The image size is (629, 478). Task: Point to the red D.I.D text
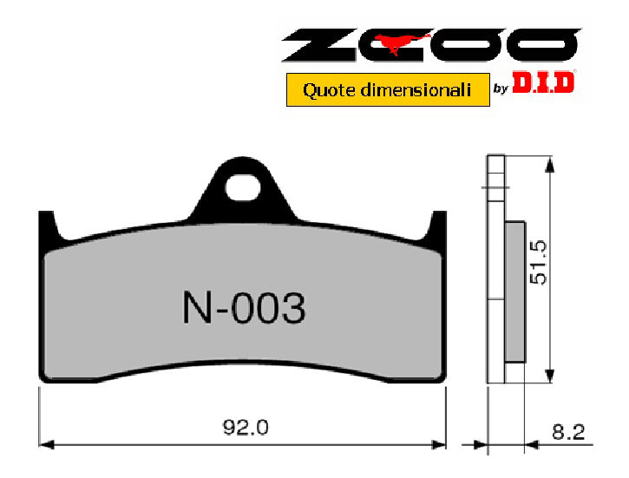[544, 84]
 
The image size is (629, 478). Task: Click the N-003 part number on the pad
[243, 308]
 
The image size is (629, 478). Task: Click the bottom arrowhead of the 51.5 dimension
[547, 376]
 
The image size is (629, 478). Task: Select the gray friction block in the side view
[514, 291]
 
